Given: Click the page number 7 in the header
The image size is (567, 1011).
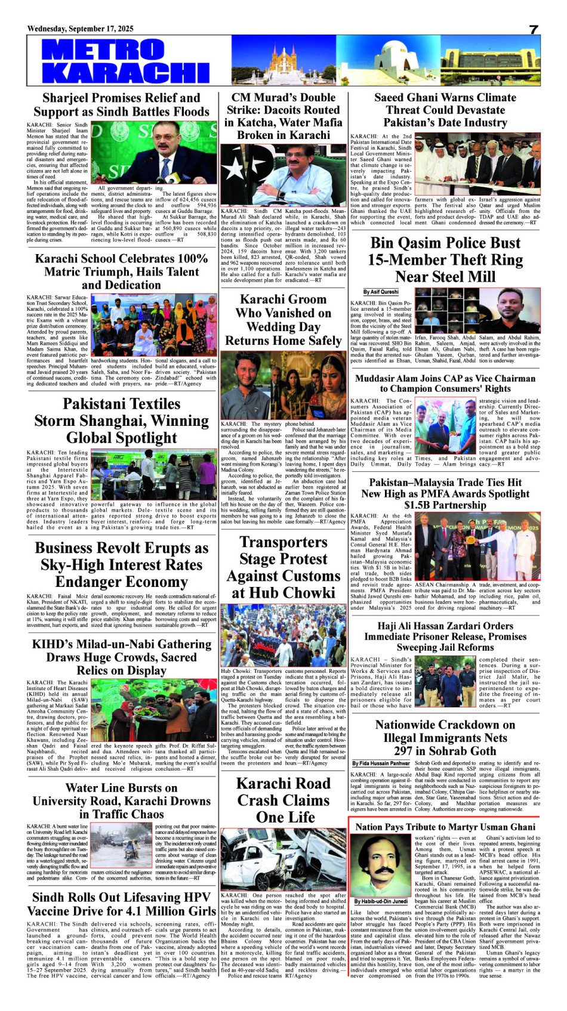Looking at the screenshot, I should [534, 30].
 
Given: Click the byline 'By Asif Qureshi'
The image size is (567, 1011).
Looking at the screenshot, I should [381, 292].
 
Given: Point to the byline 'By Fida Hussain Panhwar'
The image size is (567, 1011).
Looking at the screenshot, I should [381, 763].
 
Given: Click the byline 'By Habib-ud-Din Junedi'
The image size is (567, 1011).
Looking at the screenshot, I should [381, 901].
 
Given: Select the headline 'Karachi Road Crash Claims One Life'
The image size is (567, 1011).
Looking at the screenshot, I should [283, 800].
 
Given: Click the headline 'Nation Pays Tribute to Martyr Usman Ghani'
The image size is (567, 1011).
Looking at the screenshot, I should [445, 827].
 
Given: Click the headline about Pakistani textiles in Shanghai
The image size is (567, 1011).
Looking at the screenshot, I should [121, 421].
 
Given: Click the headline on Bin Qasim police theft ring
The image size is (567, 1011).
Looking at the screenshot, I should [445, 259].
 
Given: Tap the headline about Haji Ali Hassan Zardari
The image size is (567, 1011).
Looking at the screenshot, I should [445, 636].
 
